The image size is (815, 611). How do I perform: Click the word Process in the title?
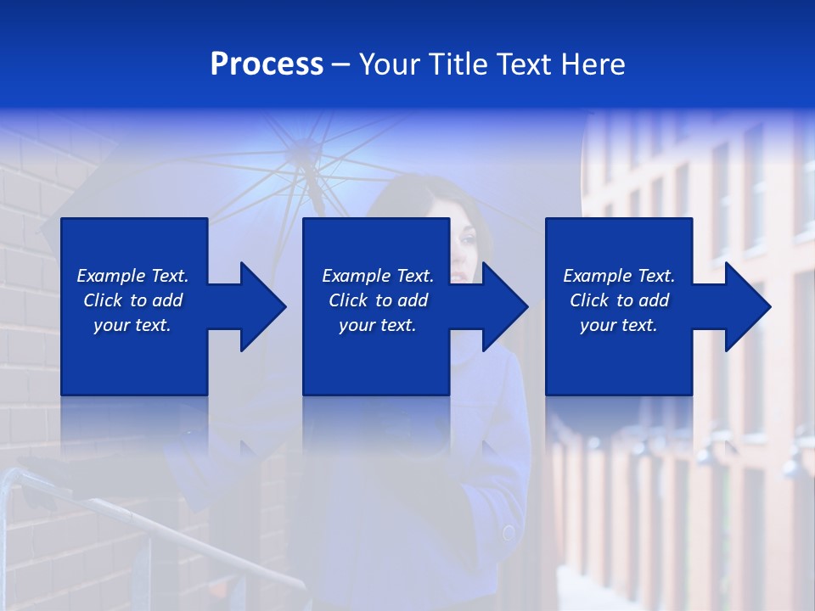point(267,64)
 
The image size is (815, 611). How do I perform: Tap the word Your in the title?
point(391,64)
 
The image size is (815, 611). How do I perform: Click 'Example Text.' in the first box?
point(132,276)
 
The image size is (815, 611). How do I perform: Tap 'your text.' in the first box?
point(132,325)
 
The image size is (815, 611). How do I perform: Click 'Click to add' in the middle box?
point(378,300)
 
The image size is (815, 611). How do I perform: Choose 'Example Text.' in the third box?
point(619,276)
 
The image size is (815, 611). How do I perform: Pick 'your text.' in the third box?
point(619,325)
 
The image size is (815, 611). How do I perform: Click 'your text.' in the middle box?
point(378,325)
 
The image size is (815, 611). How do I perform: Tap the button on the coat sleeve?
point(509,533)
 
